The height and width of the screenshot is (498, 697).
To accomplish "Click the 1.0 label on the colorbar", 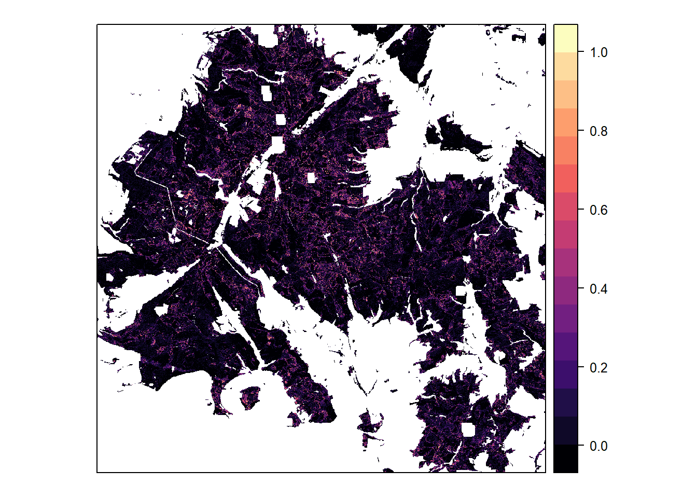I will tap(598, 52).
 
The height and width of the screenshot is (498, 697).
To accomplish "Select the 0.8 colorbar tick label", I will tap(598, 131).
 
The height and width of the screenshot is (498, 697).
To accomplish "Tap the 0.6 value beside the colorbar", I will tap(598, 210).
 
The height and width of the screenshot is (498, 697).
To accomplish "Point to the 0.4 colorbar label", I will tap(598, 289).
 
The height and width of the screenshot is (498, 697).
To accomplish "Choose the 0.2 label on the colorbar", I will tap(598, 368).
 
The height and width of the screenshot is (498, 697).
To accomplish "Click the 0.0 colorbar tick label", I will tap(598, 446).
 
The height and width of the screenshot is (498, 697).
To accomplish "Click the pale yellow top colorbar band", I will tap(565, 38).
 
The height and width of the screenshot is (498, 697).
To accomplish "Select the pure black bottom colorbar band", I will tap(565, 459).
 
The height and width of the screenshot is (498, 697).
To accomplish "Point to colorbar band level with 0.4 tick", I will tap(565, 290).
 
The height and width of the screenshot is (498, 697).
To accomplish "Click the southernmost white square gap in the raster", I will tap(468, 430).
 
